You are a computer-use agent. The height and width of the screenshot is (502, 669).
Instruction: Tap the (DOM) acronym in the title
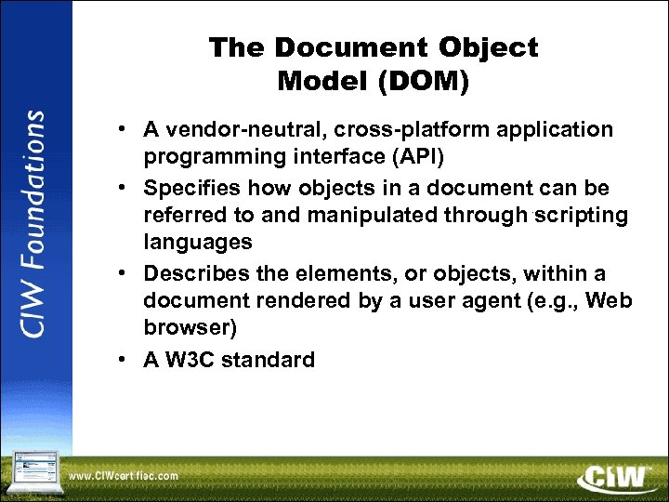tap(424, 82)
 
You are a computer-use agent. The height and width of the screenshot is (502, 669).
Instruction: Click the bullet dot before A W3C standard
tap(123, 361)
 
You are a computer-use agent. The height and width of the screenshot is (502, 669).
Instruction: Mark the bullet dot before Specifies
tap(123, 188)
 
